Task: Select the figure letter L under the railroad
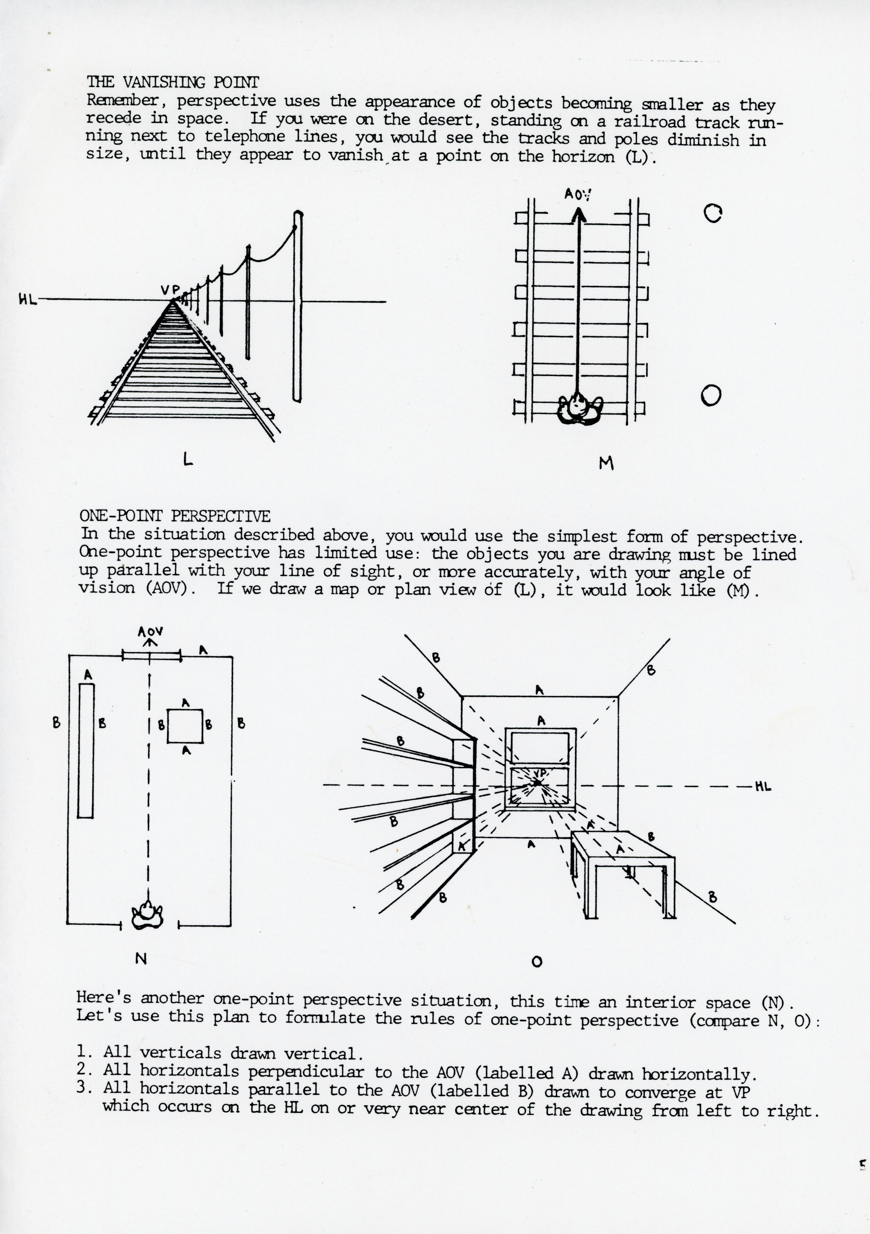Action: pyautogui.click(x=188, y=458)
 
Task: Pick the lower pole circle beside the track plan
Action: pyautogui.click(x=711, y=396)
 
